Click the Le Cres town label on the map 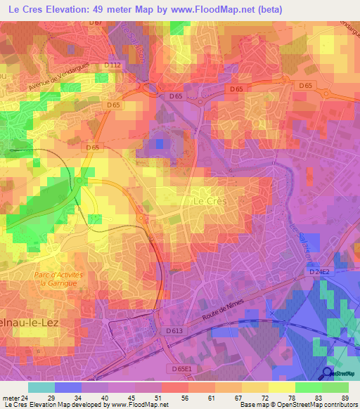click(x=207, y=200)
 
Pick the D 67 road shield click(x=96, y=23)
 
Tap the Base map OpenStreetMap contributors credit click(x=297, y=405)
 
